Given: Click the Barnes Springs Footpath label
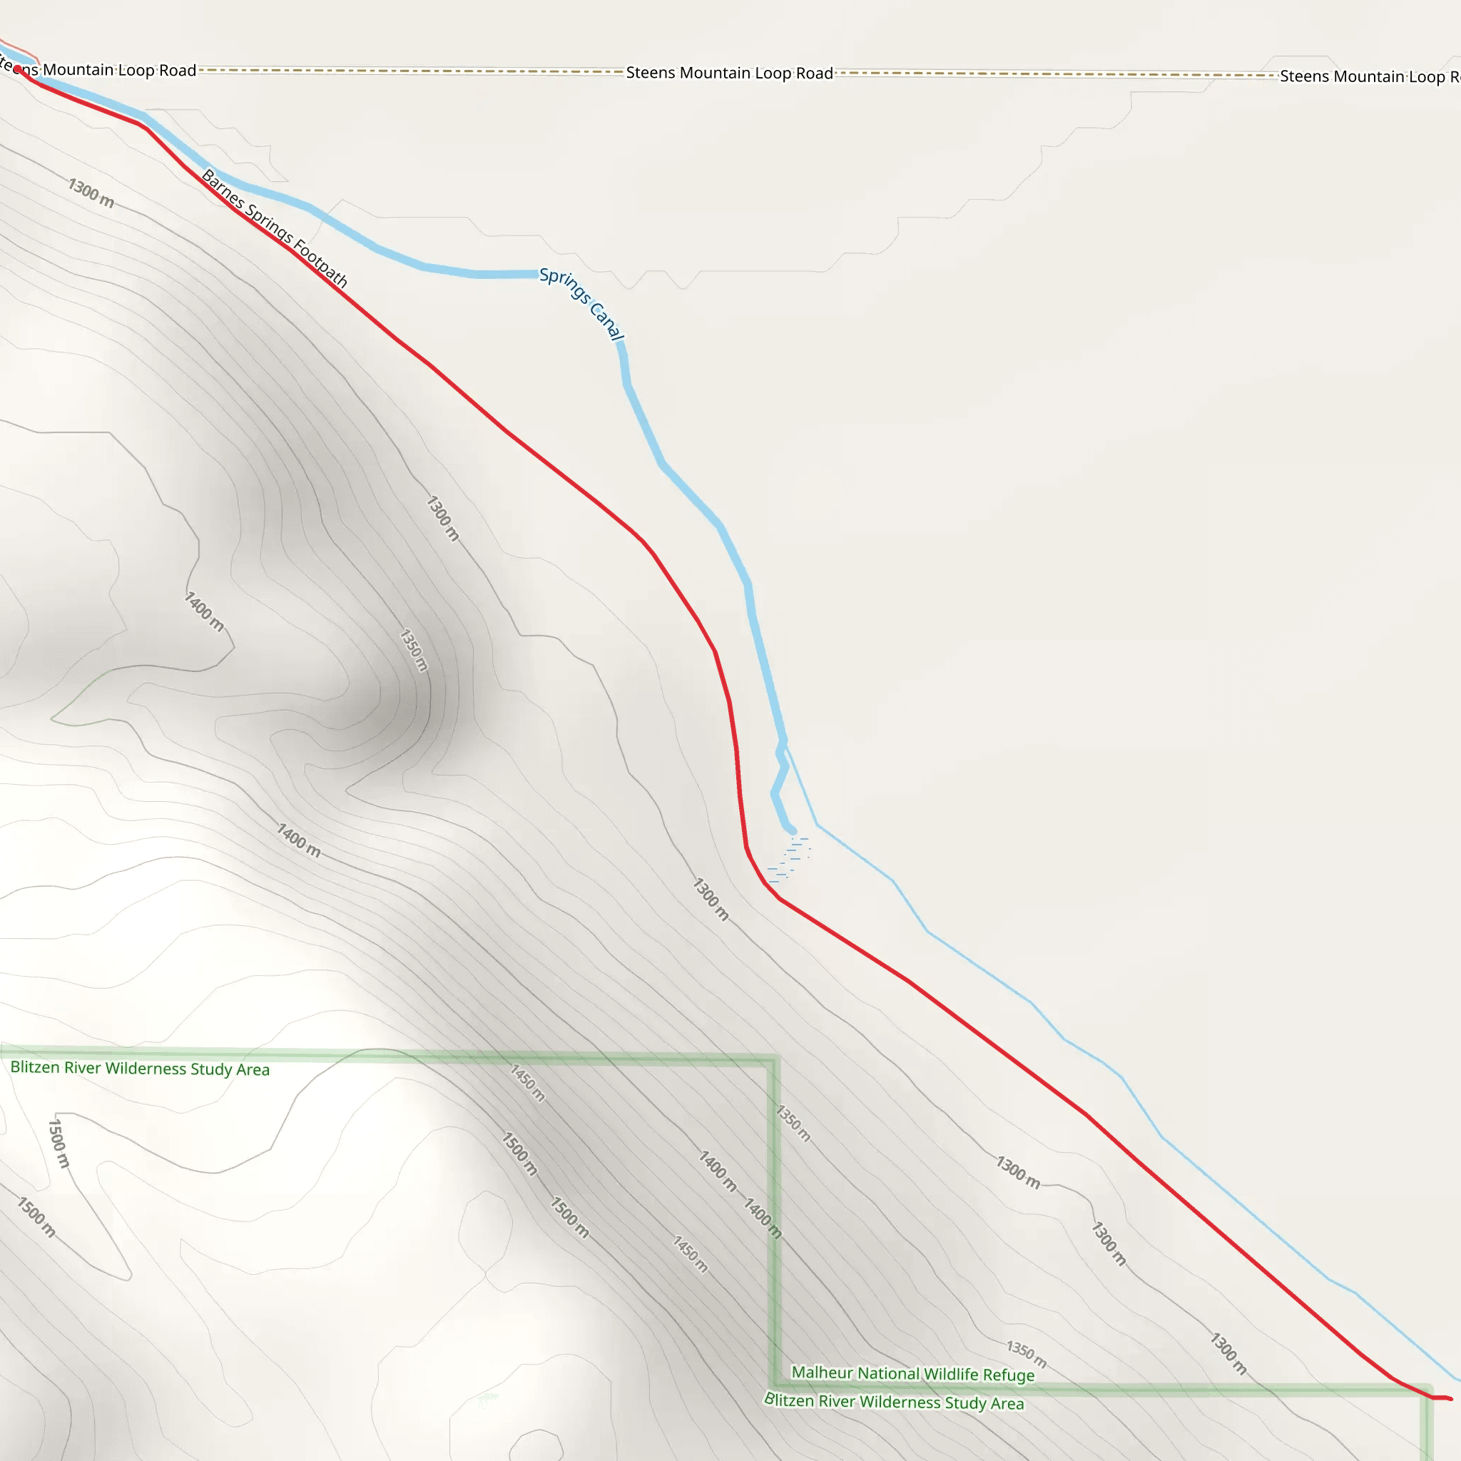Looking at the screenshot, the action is [x=275, y=228].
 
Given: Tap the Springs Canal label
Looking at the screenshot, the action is [x=581, y=304].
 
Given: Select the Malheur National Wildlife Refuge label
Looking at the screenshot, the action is [x=912, y=1373].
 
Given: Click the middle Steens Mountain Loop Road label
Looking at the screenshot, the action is [x=729, y=73].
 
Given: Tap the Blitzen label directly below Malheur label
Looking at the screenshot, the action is [x=894, y=1401].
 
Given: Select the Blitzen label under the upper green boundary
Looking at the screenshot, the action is [x=140, y=1069].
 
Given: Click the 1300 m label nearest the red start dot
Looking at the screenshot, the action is [x=91, y=192].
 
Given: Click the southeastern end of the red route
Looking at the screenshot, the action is [x=1449, y=1399].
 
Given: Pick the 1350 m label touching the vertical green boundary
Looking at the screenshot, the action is [x=793, y=1123].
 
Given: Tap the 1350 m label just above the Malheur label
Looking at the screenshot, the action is [x=1026, y=1353].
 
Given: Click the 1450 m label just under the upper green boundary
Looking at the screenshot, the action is [x=527, y=1083].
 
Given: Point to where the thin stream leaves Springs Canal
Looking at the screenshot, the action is [x=784, y=745].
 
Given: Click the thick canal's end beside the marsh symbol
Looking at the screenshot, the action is [x=791, y=830].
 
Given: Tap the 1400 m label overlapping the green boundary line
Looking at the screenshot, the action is [x=763, y=1218].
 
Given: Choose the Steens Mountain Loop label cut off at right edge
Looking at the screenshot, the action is [x=1369, y=76].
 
